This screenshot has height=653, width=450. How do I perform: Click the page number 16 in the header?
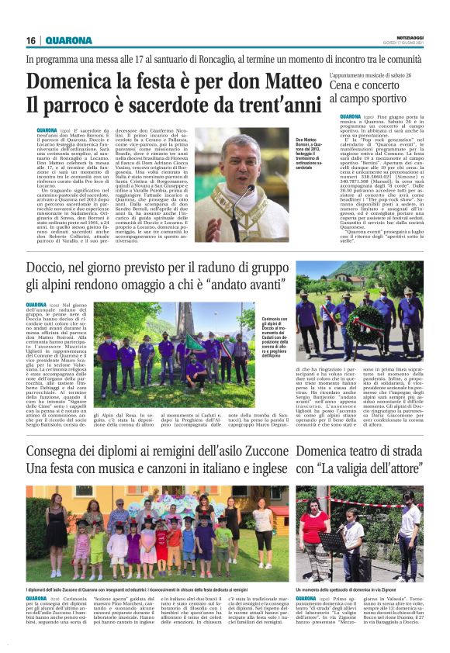pyautogui.click(x=30, y=40)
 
